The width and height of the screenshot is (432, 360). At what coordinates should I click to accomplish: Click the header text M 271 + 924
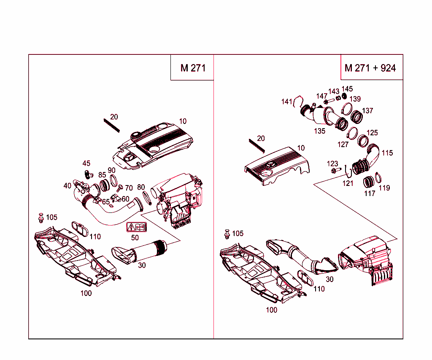point(370,68)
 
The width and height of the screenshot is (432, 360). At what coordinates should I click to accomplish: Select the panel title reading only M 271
point(193,68)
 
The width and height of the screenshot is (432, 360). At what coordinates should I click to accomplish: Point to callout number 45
point(86,164)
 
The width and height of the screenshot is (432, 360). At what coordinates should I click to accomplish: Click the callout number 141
point(286,102)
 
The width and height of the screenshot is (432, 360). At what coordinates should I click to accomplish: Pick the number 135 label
point(319,131)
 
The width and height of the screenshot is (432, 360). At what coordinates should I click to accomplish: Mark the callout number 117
point(370,193)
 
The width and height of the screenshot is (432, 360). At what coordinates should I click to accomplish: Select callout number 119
point(384,188)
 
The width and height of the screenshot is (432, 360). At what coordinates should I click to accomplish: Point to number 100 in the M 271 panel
point(86,293)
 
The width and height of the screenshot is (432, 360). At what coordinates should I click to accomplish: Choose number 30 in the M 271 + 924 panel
point(329,279)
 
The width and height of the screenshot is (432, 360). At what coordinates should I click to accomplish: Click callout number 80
point(141,187)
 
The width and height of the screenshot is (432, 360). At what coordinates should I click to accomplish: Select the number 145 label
point(347,89)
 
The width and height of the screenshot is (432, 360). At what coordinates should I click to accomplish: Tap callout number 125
point(372,133)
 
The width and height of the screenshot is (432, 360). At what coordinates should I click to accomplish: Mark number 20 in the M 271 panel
point(114,117)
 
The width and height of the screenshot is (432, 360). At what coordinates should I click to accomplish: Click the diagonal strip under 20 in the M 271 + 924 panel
point(256,145)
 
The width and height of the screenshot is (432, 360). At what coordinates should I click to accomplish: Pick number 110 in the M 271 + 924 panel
point(319,289)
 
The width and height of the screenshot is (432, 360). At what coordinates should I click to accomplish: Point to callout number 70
point(129,188)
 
